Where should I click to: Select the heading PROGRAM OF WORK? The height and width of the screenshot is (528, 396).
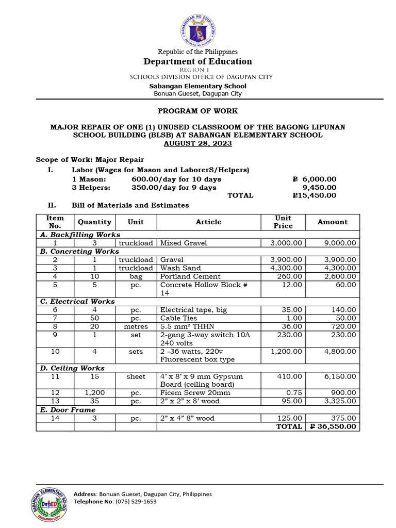point(198,111)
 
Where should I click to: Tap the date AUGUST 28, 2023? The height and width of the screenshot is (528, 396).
point(198,143)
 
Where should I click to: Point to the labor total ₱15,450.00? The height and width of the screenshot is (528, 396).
point(314,195)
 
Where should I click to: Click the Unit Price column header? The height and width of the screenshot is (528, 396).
point(283,222)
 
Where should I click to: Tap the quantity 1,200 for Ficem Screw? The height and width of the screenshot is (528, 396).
point(94,393)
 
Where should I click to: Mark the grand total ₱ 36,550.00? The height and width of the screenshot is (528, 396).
point(332,427)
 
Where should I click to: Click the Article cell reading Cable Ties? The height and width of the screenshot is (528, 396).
point(178,318)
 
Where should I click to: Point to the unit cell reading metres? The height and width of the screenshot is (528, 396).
point(136,326)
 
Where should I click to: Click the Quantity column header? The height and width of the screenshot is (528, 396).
point(94,222)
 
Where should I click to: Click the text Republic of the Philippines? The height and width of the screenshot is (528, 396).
point(198,52)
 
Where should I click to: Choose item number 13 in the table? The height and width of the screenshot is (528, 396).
point(55,401)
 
